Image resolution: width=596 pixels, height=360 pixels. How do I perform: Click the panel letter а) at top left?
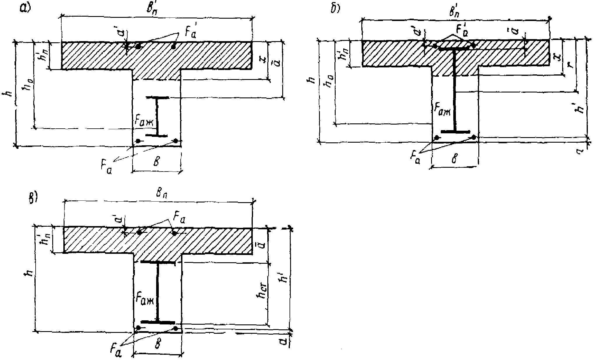(25, 9)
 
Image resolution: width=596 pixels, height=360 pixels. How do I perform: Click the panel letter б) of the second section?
(335, 9)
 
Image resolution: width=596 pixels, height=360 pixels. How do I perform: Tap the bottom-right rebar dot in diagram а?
(176, 141)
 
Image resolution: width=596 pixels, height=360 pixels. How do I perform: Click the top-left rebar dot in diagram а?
(138, 46)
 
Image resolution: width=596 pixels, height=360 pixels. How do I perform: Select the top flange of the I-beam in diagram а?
(157, 97)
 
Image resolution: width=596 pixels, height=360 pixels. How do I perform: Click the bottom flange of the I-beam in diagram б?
(455, 132)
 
